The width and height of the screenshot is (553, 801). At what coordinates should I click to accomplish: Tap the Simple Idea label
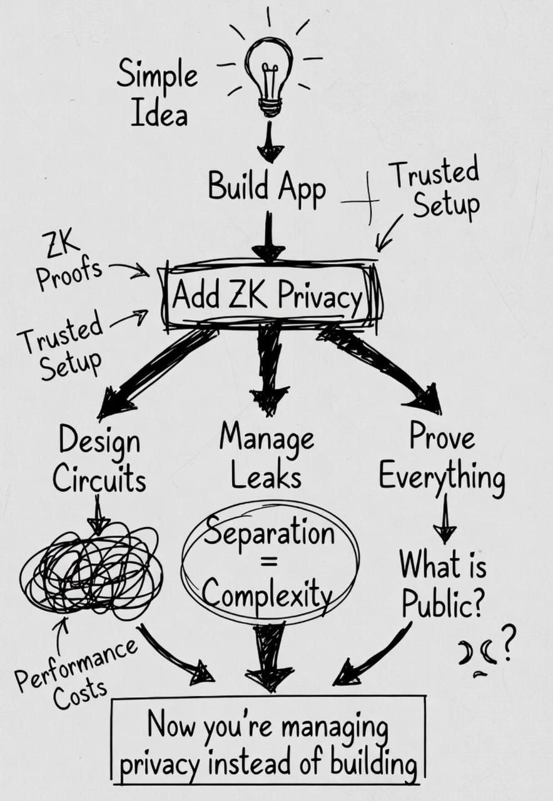157,94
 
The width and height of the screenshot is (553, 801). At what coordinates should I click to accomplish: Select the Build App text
266,186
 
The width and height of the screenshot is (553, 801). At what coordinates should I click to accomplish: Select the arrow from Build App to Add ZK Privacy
269,238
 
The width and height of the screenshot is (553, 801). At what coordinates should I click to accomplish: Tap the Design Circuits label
99,461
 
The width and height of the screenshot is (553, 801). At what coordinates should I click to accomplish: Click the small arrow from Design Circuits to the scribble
98,513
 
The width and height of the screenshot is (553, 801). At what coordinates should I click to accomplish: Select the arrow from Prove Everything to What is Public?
444,520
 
